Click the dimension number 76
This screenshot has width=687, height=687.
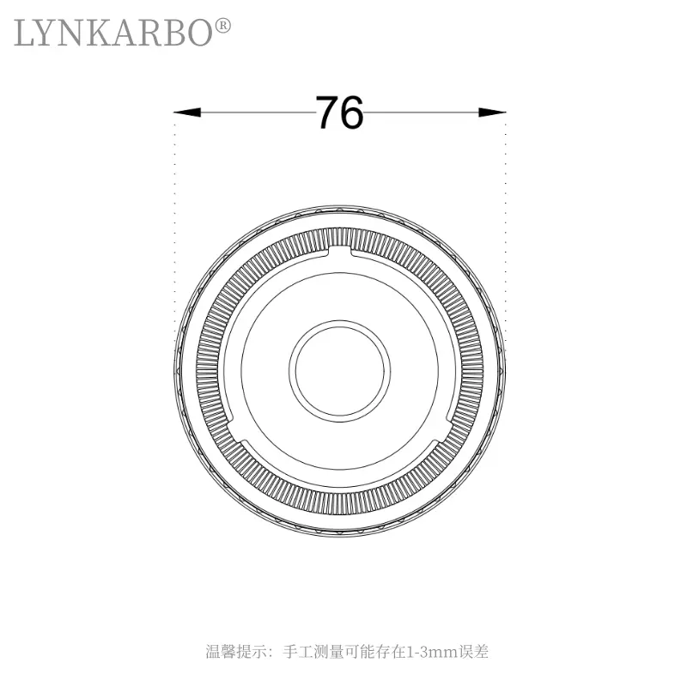click(339, 112)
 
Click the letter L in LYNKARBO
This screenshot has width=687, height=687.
click(26, 33)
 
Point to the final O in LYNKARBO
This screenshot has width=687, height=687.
click(197, 33)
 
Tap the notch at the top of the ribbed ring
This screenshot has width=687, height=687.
click(339, 250)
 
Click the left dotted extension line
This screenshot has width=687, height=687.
click(174, 223)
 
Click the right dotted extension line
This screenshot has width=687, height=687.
click(505, 223)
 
